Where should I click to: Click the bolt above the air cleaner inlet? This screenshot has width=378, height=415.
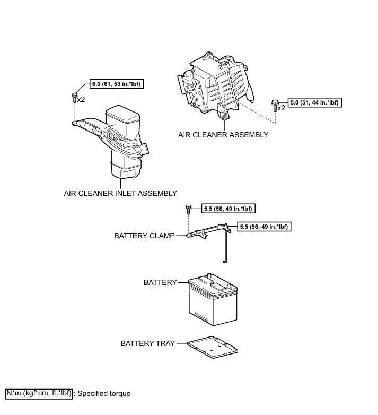(x=74, y=97)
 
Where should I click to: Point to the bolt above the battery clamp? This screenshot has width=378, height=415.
(x=188, y=209)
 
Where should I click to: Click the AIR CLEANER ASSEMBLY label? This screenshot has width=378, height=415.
(x=223, y=135)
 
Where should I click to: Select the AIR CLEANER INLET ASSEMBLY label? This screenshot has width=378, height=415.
(x=120, y=193)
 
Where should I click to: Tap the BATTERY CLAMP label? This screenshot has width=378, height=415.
(x=144, y=236)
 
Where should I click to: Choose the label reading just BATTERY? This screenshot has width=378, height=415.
(x=160, y=283)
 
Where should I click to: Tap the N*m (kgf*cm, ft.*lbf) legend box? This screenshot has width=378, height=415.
(x=39, y=393)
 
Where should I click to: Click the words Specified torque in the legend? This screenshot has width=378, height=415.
(x=104, y=394)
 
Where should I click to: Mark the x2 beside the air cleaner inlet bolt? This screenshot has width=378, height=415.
(x=81, y=99)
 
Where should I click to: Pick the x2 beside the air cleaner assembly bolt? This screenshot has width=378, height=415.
(x=281, y=107)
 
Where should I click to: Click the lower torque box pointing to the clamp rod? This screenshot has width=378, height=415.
(x=266, y=226)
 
